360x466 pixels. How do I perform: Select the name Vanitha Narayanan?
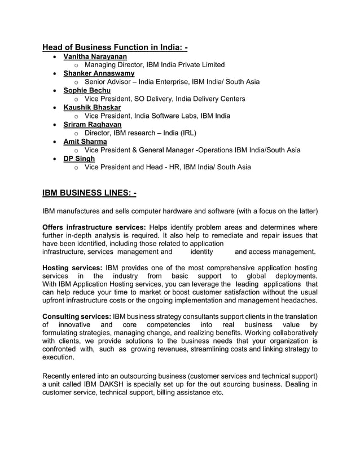[95, 56]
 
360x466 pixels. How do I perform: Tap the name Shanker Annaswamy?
[99, 73]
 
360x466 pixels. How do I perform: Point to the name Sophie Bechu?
[87, 90]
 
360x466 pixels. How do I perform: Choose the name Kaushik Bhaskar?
[92, 107]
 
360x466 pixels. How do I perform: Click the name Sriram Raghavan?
[92, 124]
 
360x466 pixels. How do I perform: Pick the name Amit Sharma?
[85, 141]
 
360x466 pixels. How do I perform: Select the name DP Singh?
[79, 158]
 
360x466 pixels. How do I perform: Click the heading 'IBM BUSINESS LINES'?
[89, 194]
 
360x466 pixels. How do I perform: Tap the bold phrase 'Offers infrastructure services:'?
[94, 227]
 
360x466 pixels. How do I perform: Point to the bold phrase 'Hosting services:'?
[72, 267]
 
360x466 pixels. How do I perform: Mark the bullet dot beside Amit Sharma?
[54, 142]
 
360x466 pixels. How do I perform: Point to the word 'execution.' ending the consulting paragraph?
[58, 358]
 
